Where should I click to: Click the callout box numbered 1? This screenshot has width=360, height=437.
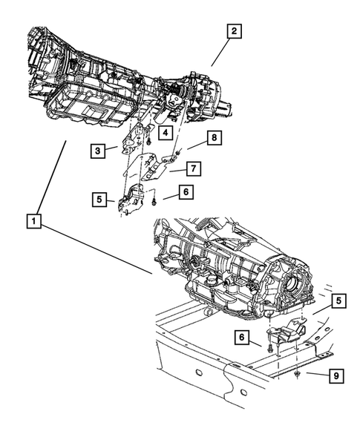32,220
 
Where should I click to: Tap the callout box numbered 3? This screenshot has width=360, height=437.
98,151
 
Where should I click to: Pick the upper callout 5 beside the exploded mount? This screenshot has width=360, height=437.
98,199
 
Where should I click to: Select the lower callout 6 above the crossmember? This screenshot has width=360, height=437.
243,338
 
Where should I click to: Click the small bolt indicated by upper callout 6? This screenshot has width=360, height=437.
154,197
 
